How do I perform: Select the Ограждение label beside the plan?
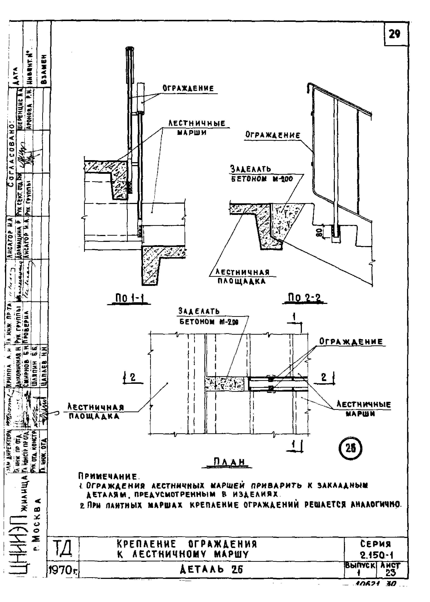351,342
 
